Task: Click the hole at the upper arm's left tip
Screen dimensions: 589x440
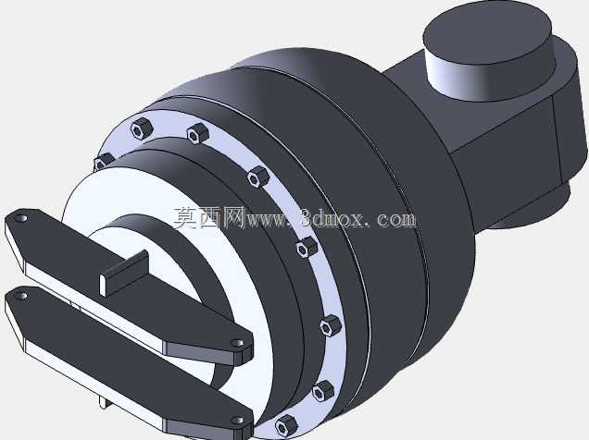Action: (21, 218)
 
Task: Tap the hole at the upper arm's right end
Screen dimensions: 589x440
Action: (236, 343)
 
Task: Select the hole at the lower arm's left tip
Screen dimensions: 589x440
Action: (21, 296)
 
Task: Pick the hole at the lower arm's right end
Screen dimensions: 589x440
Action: (236, 421)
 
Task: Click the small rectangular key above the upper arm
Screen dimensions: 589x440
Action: (124, 274)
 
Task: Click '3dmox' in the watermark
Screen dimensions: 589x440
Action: (331, 218)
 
